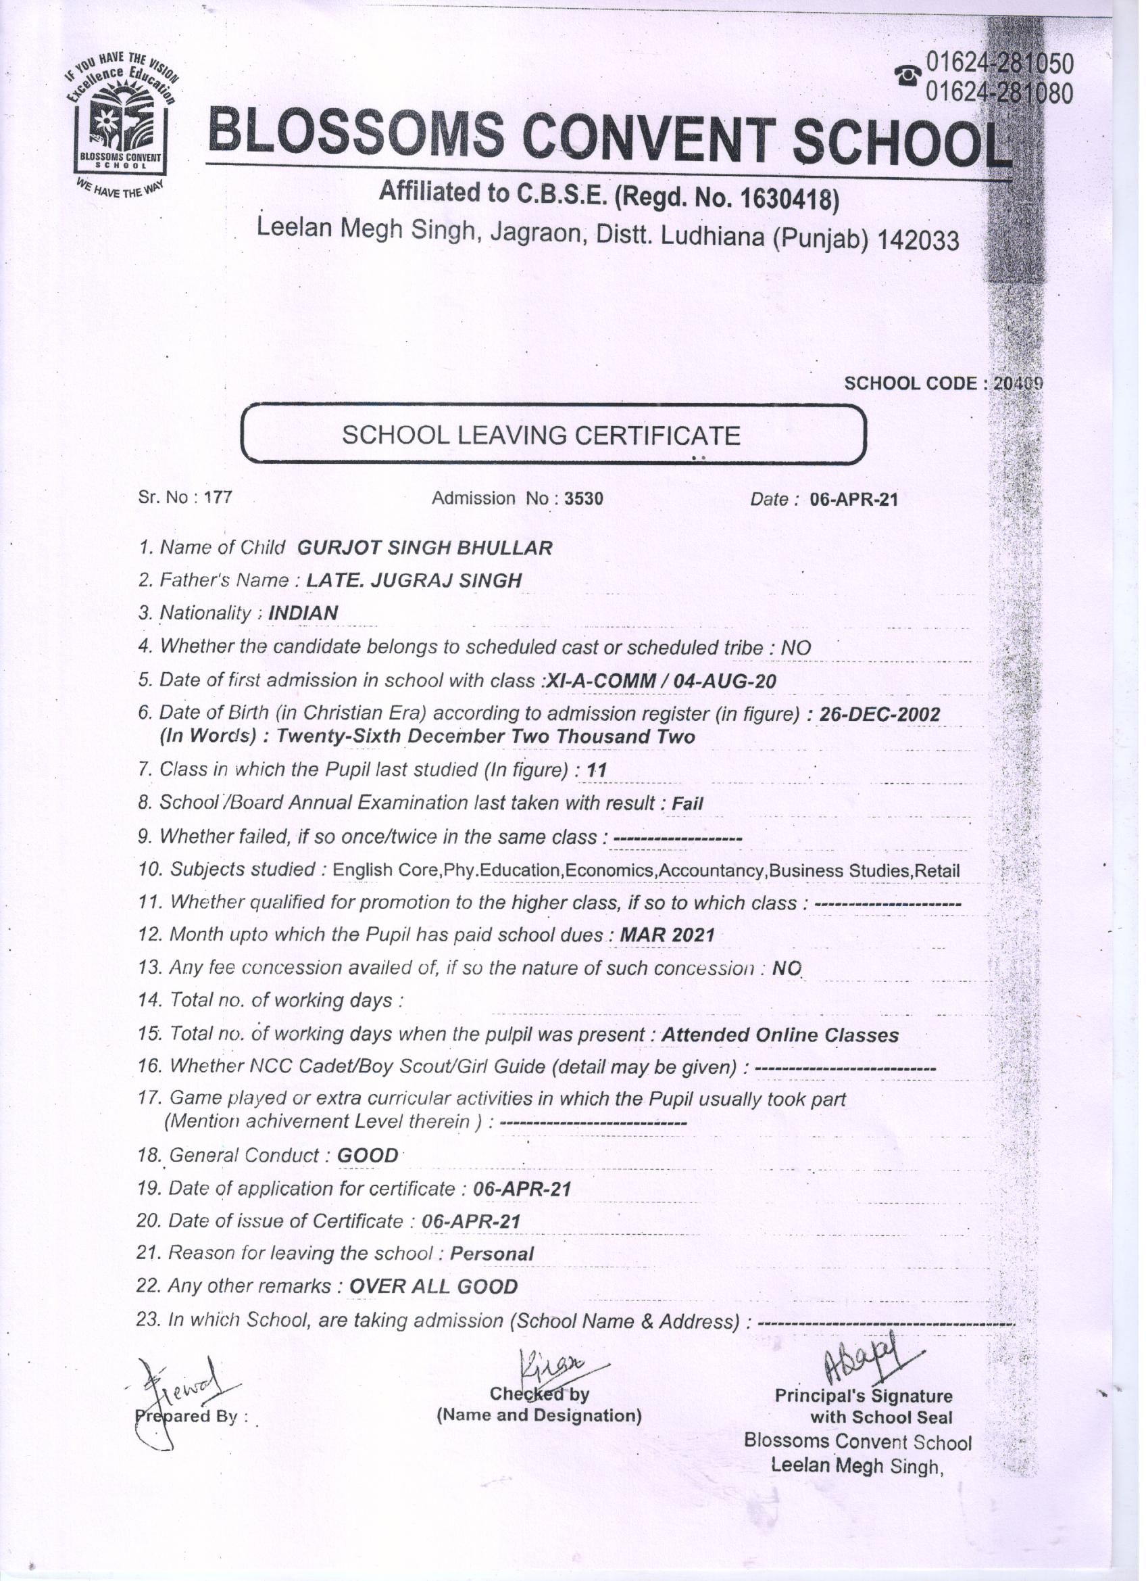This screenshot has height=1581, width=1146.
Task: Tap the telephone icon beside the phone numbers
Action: [907, 76]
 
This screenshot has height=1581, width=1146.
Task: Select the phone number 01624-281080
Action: [999, 93]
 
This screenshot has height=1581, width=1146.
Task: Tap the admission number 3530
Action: [584, 498]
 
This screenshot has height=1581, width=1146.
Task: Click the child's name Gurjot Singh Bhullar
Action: [424, 548]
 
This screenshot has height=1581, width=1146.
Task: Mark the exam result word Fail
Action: [687, 804]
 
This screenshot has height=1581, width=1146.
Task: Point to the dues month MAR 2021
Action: [667, 935]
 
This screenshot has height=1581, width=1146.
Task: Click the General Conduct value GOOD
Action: [367, 1156]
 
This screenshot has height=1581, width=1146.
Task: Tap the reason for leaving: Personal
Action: [492, 1254]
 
